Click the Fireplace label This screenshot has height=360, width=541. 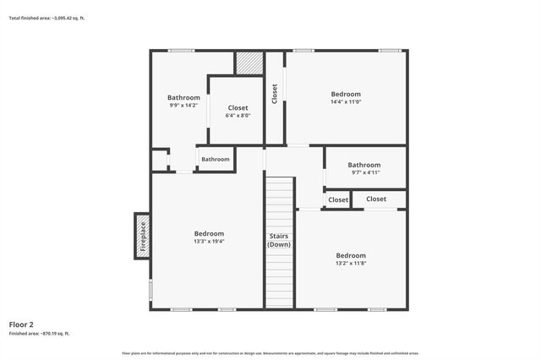coord(143,236)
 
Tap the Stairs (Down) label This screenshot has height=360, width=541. coord(280,240)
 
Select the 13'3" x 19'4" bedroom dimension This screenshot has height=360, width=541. coord(209,242)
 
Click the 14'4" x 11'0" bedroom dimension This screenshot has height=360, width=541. coord(346,102)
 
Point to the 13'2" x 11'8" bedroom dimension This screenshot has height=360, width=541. coord(351,264)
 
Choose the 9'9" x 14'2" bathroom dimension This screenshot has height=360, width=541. coord(183,106)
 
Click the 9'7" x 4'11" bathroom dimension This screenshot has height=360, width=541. coord(364,172)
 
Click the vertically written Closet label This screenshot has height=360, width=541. coord(275,94)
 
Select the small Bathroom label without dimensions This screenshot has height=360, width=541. coord(216,159)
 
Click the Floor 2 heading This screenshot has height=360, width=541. coord(21,325)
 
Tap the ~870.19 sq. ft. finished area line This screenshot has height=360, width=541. coord(40,334)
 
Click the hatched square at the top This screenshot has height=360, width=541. coord(249,63)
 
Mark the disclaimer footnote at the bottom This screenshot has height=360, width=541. coord(270,352)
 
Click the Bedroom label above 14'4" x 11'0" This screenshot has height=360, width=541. coord(346,94)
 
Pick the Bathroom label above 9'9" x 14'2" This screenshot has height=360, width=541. coord(183,97)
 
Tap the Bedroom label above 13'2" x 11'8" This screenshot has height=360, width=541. coord(351,255)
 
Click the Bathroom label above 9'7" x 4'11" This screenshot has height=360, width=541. coord(364,165)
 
